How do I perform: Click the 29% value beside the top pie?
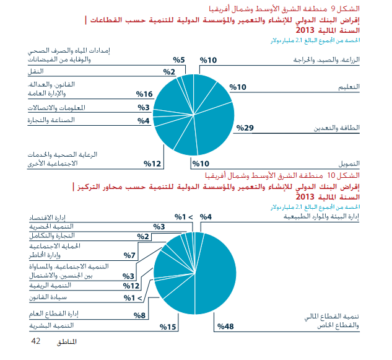(245, 128)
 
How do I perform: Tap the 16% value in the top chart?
(144, 94)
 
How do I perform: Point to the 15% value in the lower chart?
(168, 327)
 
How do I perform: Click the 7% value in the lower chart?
(129, 255)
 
